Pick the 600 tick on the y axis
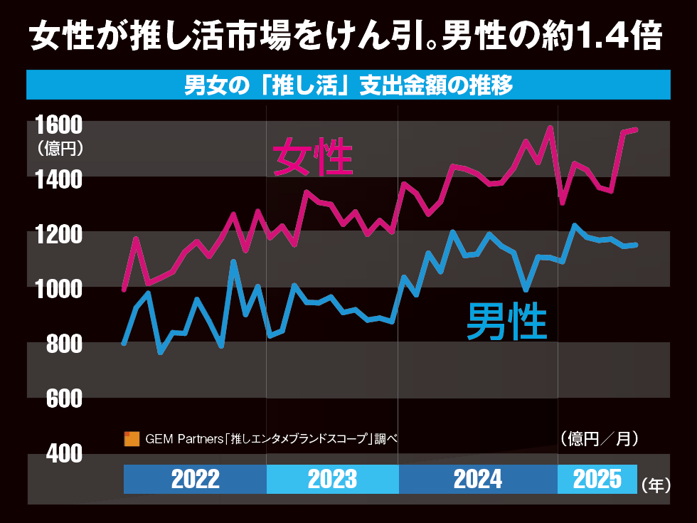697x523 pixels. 60,398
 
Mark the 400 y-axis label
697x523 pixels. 60,453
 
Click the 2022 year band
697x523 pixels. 195,479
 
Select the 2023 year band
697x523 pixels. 332,479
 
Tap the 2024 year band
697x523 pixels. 477,479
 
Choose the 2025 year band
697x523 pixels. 597,479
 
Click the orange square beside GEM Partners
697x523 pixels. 131,439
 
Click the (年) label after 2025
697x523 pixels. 656,485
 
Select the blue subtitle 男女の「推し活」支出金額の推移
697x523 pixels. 348,85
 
